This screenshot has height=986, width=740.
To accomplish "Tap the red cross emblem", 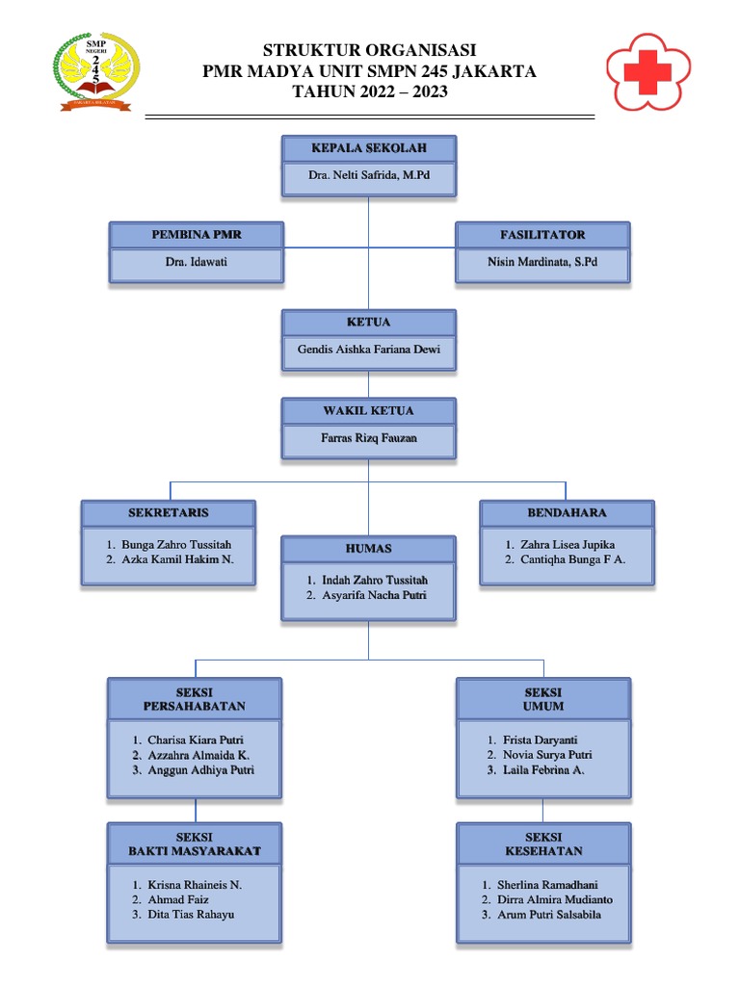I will (x=647, y=70).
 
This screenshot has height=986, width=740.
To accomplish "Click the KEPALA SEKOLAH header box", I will (x=368, y=148).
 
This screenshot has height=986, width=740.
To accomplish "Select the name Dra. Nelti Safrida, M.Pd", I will (x=368, y=177).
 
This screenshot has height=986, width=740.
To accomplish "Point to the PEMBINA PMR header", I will (x=197, y=235).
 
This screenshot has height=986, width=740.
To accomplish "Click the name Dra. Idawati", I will (x=197, y=263).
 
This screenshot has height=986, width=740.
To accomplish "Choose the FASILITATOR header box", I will (x=542, y=235).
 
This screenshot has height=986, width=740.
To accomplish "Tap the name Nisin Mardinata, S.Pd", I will (x=542, y=263).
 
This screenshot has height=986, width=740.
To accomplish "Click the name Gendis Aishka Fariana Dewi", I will (x=368, y=350).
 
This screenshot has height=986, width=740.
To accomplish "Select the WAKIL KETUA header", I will (x=368, y=411).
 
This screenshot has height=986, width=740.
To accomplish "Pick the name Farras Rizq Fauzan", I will (x=368, y=439).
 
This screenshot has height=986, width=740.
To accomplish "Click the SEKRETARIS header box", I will (x=169, y=513).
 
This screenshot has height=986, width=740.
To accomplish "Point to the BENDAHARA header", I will (x=567, y=513).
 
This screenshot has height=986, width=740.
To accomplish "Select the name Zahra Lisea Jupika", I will (x=568, y=545).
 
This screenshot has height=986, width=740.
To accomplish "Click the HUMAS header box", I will (x=368, y=549).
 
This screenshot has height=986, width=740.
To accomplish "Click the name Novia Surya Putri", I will (x=547, y=755).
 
